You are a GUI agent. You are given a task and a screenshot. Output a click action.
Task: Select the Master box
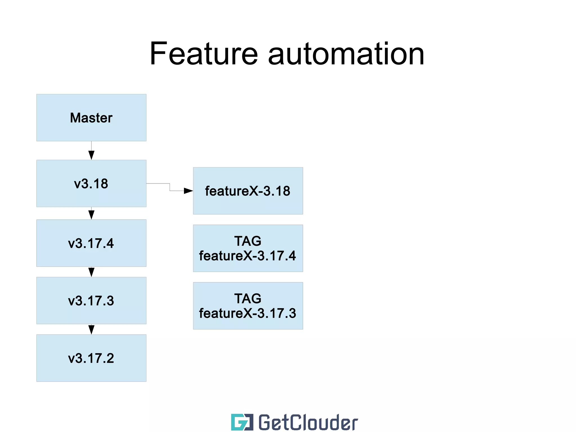click(x=91, y=118)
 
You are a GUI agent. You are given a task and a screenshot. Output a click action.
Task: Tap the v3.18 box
click(x=91, y=183)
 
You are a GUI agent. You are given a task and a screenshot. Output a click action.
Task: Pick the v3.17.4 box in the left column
click(x=91, y=243)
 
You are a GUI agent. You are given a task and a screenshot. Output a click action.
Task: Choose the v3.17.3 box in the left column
click(x=91, y=301)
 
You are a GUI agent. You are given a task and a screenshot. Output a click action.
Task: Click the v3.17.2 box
click(x=91, y=358)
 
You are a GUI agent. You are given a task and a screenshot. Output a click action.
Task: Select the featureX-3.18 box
click(x=248, y=191)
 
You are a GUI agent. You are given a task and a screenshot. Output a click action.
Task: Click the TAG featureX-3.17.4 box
click(x=248, y=248)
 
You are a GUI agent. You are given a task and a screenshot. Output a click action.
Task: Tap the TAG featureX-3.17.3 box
click(x=248, y=306)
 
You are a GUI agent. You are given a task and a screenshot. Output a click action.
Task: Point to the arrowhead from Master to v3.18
click(x=91, y=155)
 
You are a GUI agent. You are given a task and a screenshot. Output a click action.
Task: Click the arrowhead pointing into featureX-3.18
click(x=188, y=191)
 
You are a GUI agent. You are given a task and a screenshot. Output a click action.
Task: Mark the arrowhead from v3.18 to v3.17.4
click(x=91, y=215)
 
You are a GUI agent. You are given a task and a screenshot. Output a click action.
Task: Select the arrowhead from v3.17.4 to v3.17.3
click(x=91, y=272)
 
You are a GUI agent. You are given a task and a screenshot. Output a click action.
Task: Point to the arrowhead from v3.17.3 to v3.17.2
click(x=91, y=330)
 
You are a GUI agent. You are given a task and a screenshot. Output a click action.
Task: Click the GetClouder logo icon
click(x=242, y=422)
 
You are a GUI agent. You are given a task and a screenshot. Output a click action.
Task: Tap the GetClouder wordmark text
click(x=308, y=422)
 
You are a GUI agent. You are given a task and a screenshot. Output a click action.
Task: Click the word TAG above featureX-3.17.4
click(x=248, y=241)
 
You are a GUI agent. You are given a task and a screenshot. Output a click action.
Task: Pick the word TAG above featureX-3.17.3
click(x=248, y=299)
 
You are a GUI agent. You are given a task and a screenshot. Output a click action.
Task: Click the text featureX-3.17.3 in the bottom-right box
click(x=247, y=313)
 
